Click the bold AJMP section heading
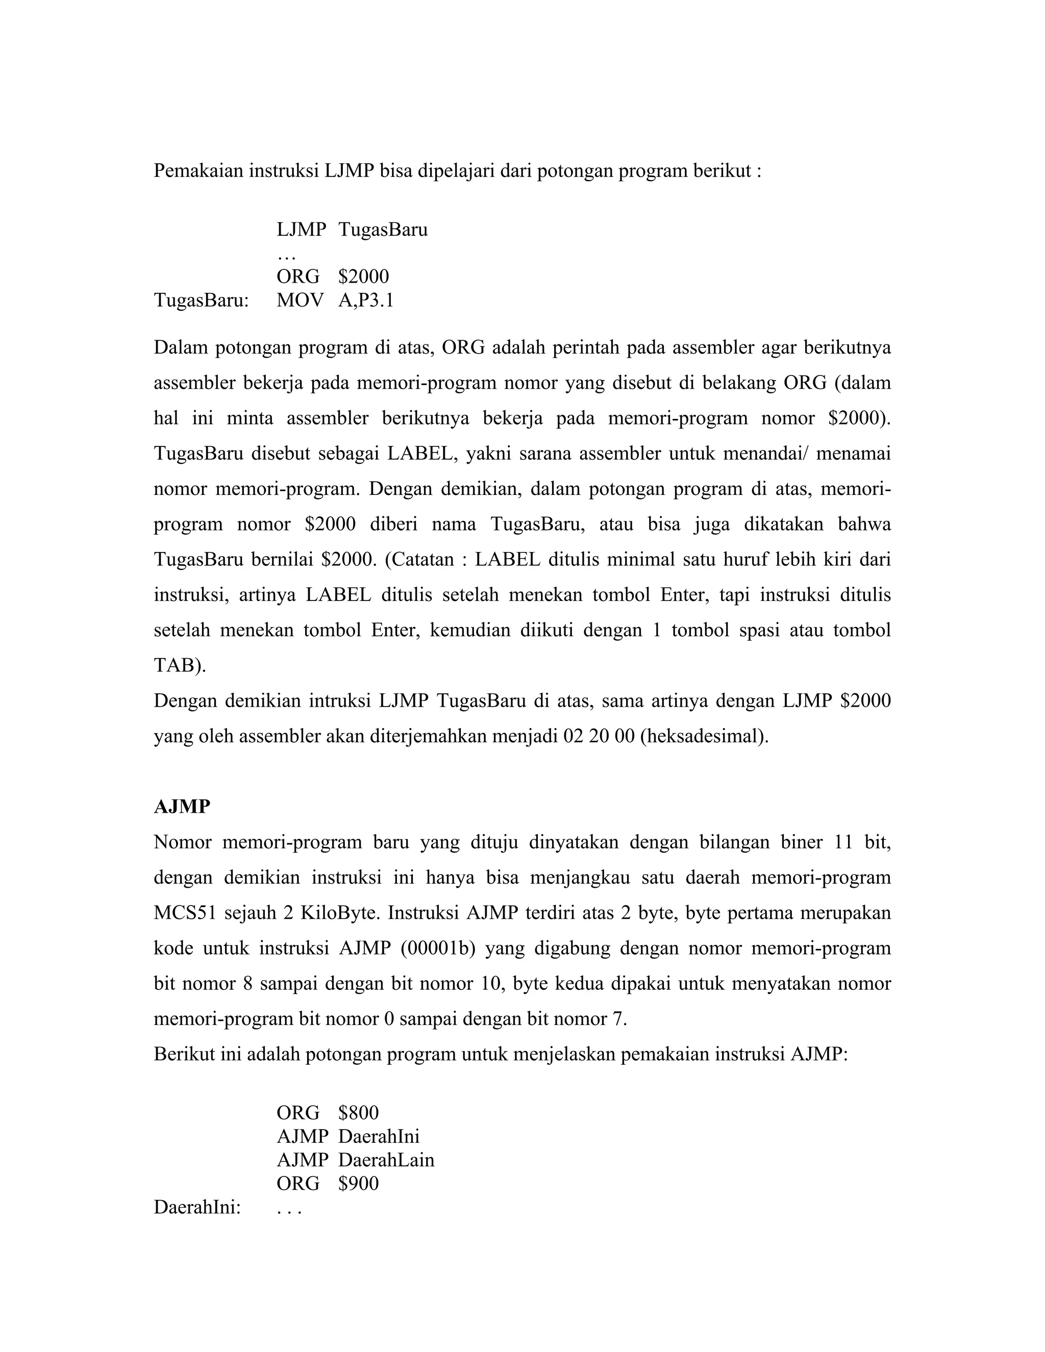point(182,807)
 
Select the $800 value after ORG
point(358,1112)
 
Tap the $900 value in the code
point(358,1183)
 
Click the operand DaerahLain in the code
point(386,1160)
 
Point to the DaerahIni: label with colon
point(197,1207)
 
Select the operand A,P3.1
point(366,300)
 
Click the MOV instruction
point(300,300)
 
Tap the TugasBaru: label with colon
point(201,300)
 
